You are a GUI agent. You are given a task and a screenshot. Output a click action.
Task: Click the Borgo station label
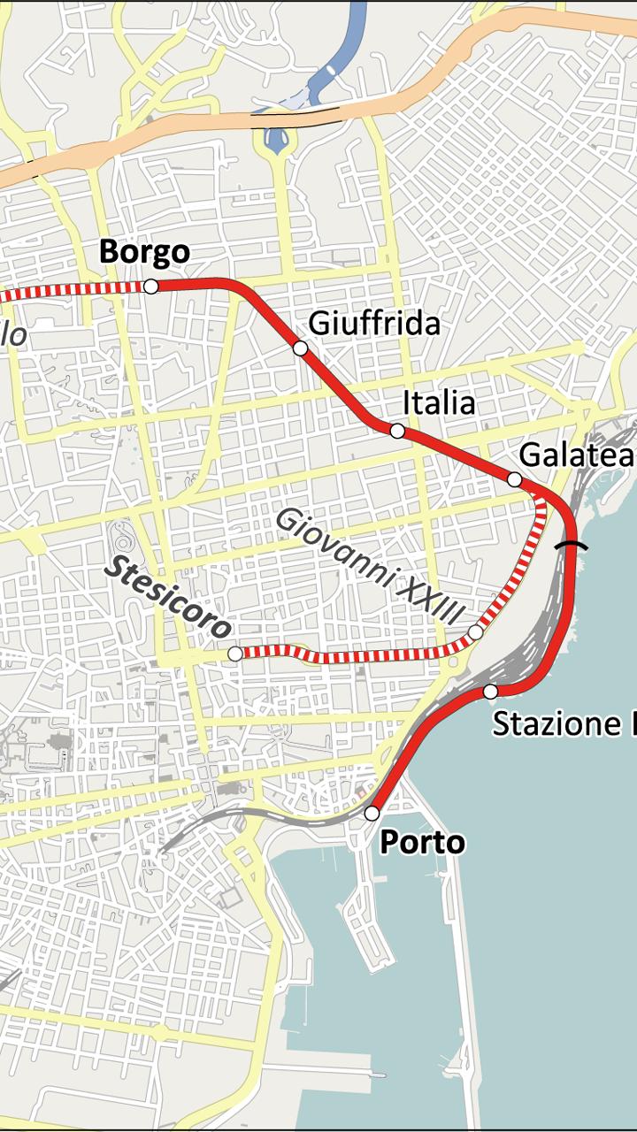pyautogui.click(x=144, y=252)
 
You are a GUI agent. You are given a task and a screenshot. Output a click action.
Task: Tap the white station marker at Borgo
pyautogui.click(x=150, y=286)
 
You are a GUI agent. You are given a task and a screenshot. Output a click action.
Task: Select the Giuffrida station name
pyautogui.click(x=374, y=325)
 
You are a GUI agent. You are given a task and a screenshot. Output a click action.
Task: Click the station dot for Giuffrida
pyautogui.click(x=300, y=348)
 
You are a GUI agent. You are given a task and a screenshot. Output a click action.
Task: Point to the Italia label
pyautogui.click(x=439, y=403)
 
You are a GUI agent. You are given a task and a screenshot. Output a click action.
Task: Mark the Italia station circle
pyautogui.click(x=397, y=431)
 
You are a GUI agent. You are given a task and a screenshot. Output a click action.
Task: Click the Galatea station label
pyautogui.click(x=576, y=455)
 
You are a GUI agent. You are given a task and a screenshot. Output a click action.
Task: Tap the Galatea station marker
pyautogui.click(x=514, y=479)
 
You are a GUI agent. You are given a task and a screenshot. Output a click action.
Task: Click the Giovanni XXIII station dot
pyautogui.click(x=475, y=632)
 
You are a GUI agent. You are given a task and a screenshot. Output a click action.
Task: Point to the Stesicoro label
pyautogui.click(x=168, y=597)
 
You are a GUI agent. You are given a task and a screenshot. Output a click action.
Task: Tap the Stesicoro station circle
pyautogui.click(x=234, y=654)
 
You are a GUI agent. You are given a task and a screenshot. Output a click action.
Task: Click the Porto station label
pyautogui.click(x=422, y=843)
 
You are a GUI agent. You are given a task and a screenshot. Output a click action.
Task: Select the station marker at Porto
pyautogui.click(x=372, y=813)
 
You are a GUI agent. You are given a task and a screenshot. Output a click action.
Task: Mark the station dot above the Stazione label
pyautogui.click(x=490, y=692)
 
